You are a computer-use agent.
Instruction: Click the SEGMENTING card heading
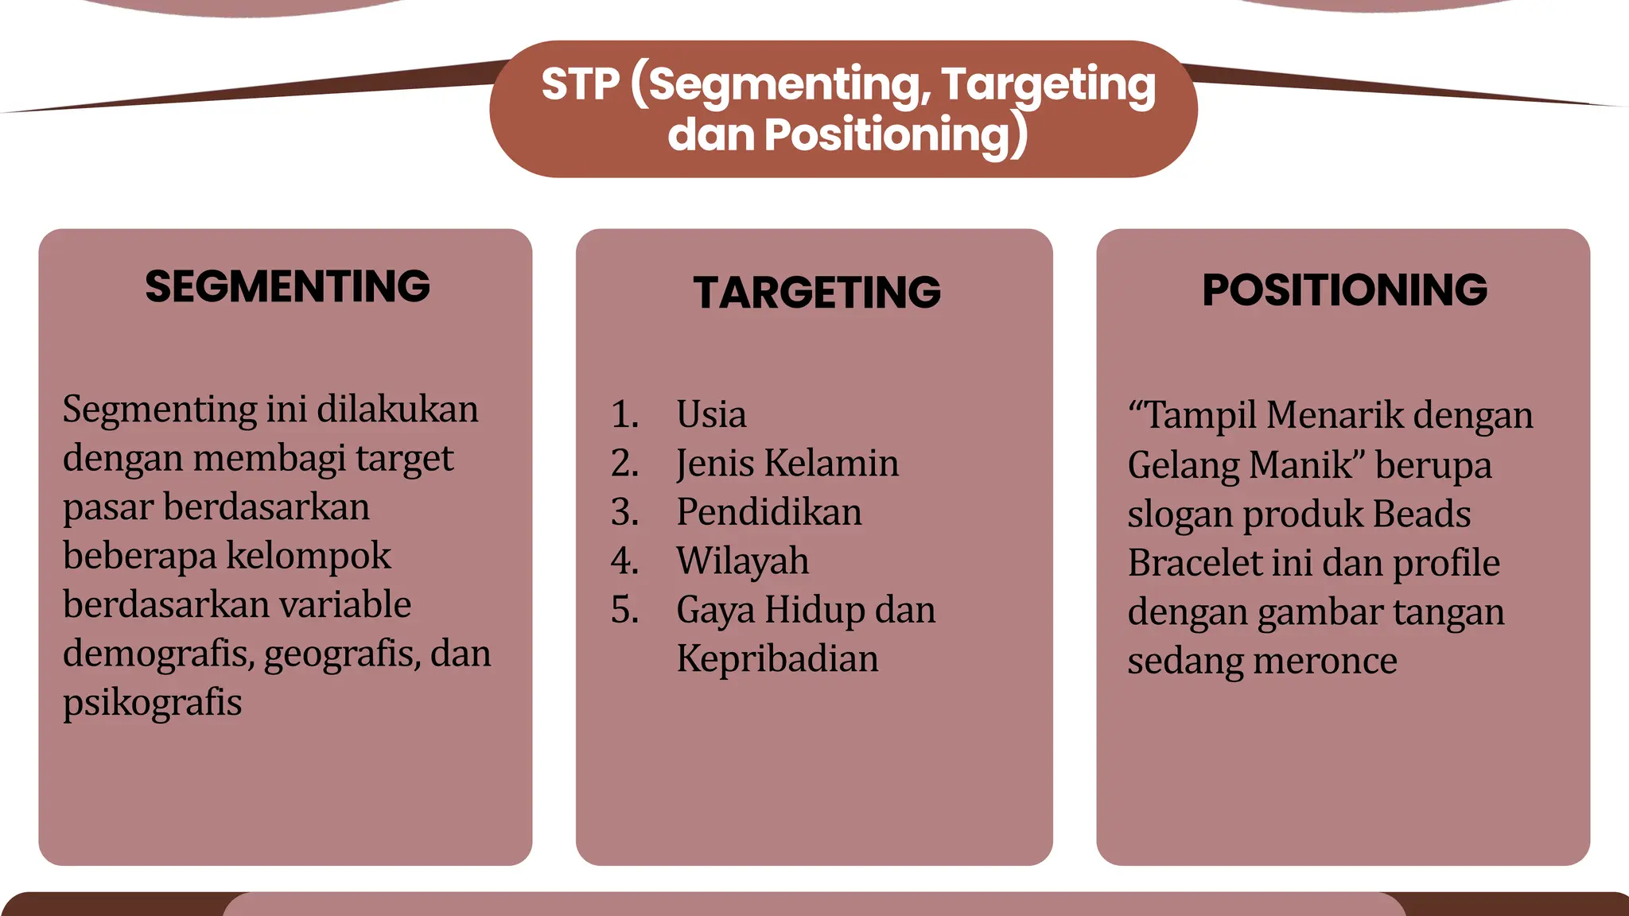pos(287,286)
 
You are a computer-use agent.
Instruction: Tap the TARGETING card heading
pos(817,292)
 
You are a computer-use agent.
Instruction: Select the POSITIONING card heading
pos(1344,289)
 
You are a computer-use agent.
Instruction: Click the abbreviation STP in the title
pos(580,84)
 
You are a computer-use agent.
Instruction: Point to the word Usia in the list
pos(711,414)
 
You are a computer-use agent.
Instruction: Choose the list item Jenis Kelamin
pos(787,464)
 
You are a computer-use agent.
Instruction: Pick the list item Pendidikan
pos(769,512)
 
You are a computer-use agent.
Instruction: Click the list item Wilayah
pos(742,561)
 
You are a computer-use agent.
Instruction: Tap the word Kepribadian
pos(777,659)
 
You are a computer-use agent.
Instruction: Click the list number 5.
pos(624,610)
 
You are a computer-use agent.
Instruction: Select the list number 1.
pos(624,414)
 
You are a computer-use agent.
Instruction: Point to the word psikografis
pos(152,703)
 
